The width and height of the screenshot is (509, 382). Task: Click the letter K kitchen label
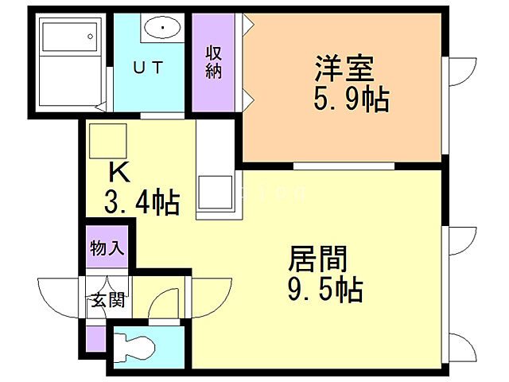point(119,171)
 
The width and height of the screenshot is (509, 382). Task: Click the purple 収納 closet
point(214,63)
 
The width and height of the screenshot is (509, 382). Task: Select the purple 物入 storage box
point(107,248)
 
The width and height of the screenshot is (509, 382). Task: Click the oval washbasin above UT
point(163,29)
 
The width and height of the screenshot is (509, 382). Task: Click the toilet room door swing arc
point(165,305)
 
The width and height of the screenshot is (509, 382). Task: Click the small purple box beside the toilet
point(95,340)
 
